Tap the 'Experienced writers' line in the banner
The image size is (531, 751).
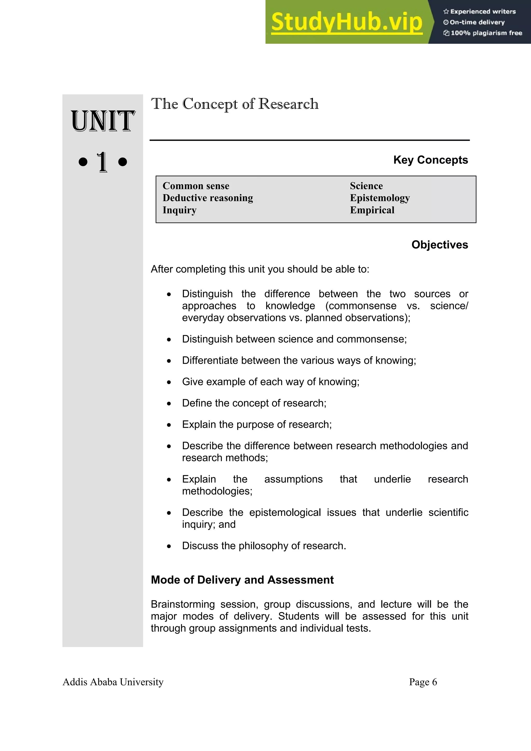[480, 11]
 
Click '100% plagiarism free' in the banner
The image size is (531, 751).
[483, 33]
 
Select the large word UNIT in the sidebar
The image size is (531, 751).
[103, 121]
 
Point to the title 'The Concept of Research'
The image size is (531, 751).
[235, 104]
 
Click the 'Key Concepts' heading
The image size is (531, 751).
[431, 160]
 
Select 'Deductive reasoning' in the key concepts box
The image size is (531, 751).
[208, 198]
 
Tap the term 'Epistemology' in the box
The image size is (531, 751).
[380, 198]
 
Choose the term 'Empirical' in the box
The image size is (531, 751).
[372, 210]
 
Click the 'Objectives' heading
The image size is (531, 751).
[440, 245]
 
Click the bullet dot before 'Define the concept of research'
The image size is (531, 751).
[169, 404]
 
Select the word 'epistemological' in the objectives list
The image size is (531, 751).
[285, 513]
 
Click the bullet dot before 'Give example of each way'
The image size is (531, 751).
[169, 382]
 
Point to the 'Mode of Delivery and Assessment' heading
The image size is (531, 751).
[242, 580]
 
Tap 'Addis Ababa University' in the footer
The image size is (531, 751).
[113, 682]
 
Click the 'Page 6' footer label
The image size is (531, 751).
[423, 682]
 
